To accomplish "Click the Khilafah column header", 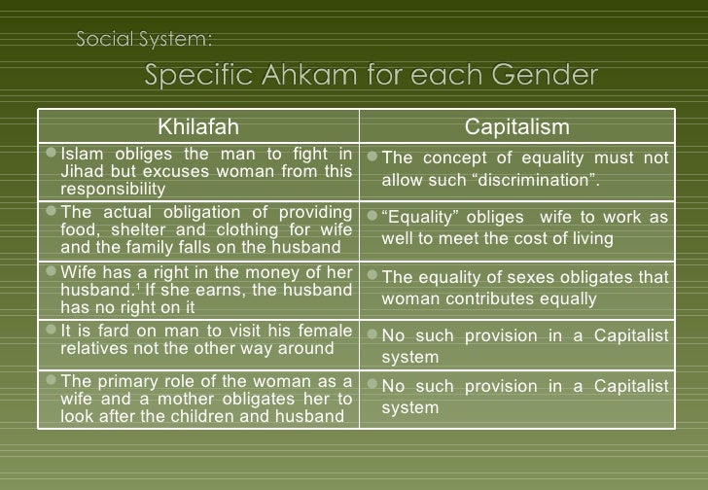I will pos(197,128).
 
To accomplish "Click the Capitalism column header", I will pos(517,128).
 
